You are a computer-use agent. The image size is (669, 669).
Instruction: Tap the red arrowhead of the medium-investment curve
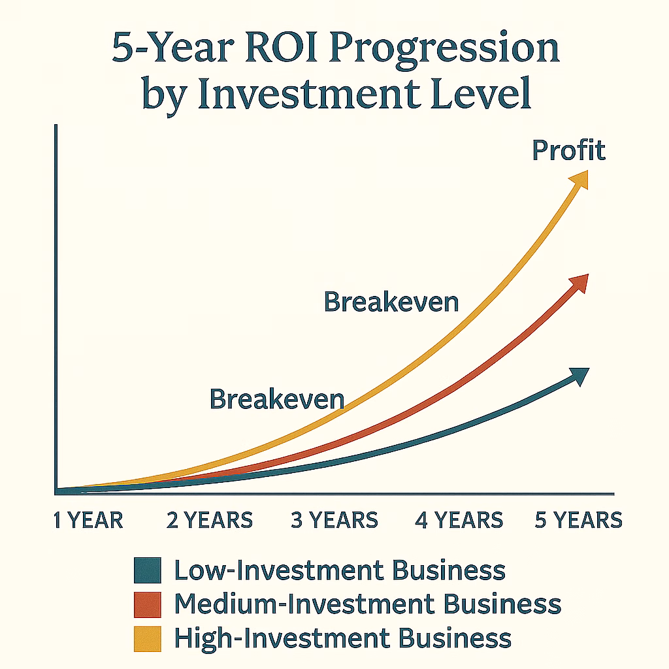[580, 283]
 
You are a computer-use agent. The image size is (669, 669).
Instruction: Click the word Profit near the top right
[569, 150]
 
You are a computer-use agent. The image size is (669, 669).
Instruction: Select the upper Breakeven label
[391, 302]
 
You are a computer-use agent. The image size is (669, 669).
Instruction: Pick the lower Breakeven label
[277, 399]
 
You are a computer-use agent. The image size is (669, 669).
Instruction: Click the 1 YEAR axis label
[88, 520]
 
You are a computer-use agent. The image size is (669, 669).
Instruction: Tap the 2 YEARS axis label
[210, 520]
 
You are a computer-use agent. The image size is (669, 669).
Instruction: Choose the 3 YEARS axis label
[334, 520]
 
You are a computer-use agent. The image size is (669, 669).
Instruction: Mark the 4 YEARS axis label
[459, 520]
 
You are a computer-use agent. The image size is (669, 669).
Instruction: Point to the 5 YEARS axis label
[579, 520]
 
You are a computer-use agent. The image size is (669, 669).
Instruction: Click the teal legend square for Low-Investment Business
[148, 570]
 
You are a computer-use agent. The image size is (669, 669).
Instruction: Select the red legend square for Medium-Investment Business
[148, 604]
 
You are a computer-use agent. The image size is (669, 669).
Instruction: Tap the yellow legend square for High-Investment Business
[148, 639]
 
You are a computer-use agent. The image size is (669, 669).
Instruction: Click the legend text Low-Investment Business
[340, 570]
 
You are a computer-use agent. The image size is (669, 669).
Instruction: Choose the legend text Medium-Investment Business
[368, 604]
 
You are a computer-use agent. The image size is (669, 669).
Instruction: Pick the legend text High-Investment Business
[343, 639]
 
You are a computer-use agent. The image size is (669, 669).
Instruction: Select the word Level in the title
[481, 92]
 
